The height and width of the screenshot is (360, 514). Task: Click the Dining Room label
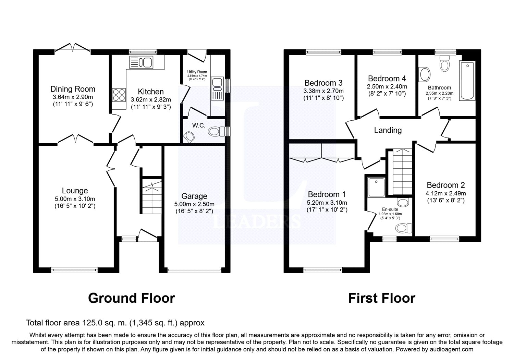click(x=73, y=89)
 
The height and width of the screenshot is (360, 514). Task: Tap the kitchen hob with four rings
click(x=119, y=95)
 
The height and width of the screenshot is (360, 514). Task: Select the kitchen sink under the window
click(x=141, y=62)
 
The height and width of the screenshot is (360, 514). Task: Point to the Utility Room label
click(x=197, y=72)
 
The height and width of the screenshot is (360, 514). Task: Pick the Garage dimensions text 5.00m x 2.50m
click(x=194, y=204)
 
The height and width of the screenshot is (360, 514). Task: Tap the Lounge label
click(x=75, y=191)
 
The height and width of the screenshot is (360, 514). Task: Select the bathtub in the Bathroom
click(x=467, y=81)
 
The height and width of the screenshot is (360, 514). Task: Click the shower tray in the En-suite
click(x=376, y=187)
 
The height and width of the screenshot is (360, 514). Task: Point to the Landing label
click(x=388, y=130)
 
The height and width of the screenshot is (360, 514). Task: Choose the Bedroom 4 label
click(x=387, y=79)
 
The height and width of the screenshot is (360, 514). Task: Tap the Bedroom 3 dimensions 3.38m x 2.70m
click(x=323, y=91)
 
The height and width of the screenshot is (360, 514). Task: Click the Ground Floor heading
click(x=132, y=298)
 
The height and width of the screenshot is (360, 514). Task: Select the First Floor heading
click(x=382, y=298)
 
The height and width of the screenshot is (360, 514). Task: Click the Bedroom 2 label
click(x=446, y=185)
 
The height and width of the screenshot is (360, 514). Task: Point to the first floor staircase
click(x=403, y=172)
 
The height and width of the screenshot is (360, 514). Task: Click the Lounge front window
click(x=74, y=270)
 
